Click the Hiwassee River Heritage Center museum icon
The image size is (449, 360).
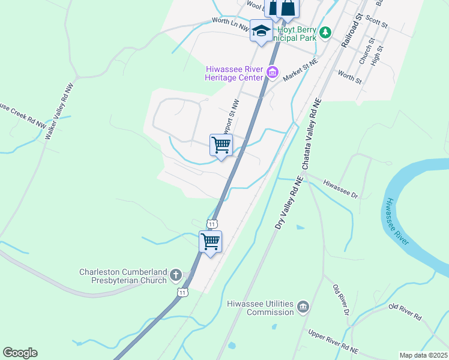pos(273,73)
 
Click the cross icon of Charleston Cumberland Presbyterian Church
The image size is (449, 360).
pos(176,275)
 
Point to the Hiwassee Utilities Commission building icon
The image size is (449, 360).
pos(303,307)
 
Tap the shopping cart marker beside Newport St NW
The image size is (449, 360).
pos(221,145)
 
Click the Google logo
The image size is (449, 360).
pos(20,353)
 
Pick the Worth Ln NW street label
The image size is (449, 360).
pos(231,23)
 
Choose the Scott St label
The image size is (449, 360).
pos(377,22)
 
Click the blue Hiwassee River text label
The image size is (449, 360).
pos(397,221)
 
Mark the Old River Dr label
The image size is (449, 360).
pos(341,301)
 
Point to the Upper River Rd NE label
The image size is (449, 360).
pos(333,339)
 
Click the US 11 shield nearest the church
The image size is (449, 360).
pos(183,292)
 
